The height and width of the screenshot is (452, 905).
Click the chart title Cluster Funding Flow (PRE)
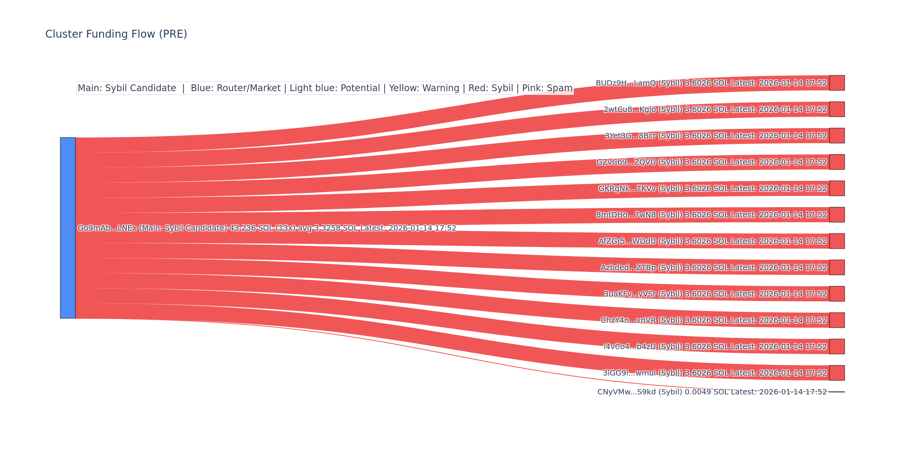116,34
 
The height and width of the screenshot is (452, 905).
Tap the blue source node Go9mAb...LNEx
68,228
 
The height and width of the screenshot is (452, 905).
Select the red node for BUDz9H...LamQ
837,83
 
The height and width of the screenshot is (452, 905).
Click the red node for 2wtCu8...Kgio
837,109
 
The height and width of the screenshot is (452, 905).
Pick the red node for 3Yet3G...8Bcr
837,136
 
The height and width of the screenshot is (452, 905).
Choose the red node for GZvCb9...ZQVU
837,162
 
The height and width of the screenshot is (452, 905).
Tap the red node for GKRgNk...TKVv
837,188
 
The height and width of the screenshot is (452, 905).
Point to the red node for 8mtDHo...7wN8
837,215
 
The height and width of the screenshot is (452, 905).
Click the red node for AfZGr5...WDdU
837,241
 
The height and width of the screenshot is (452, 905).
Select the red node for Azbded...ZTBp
837,267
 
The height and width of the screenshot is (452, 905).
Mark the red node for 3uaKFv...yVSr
837,294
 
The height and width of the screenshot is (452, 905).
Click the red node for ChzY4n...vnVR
837,320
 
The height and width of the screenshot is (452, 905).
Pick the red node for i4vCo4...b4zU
837,347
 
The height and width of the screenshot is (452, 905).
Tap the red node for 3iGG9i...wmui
837,373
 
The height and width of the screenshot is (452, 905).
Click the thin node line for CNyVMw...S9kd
837,392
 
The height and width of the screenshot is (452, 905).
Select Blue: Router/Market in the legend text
236,88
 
